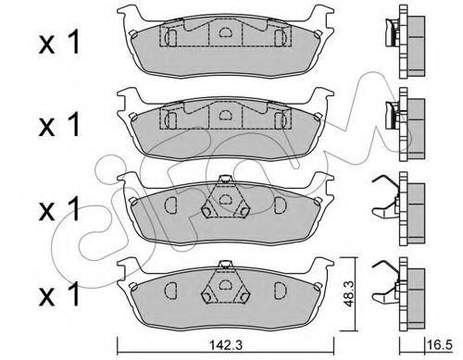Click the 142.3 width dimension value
pos(226,344)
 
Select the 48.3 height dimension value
pos(348,293)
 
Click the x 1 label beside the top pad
pos(59,43)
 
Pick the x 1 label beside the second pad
pos(59,124)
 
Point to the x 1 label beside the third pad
pos(59,209)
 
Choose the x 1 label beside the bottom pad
pos(59,294)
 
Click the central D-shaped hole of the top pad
pos(225,32)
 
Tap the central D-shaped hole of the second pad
pos(225,115)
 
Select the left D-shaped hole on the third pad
pos(170,205)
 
